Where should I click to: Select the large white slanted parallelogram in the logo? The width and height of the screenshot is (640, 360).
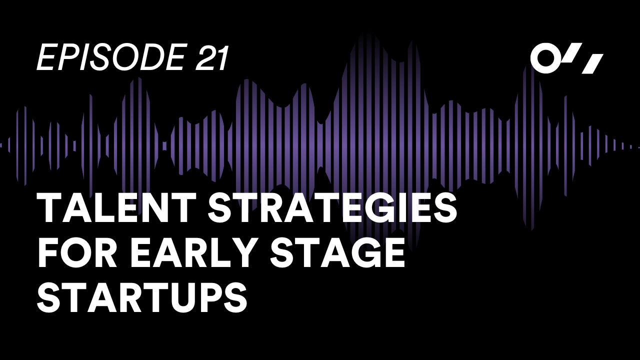point(592,64)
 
